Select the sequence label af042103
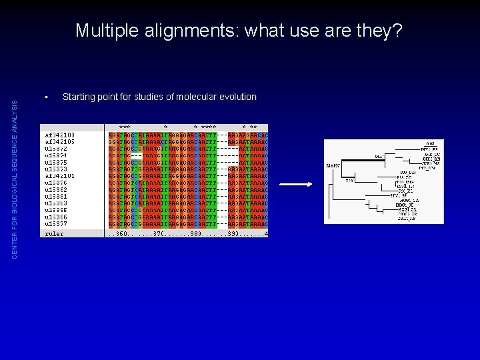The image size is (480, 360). pyautogui.click(x=59, y=135)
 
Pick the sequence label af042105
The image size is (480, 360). pyautogui.click(x=59, y=141)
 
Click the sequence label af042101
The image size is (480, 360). pyautogui.click(x=59, y=176)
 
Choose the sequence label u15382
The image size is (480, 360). pyautogui.click(x=56, y=190)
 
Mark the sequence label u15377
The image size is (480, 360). pyautogui.click(x=56, y=224)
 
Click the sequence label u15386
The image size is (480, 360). pyautogui.click(x=56, y=217)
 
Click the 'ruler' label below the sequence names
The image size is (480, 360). pyautogui.click(x=54, y=234)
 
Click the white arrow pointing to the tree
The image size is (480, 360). pyautogui.click(x=295, y=185)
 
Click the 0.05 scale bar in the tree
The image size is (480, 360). pyautogui.click(x=431, y=143)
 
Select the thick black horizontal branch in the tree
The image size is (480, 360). pyautogui.click(x=353, y=165)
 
